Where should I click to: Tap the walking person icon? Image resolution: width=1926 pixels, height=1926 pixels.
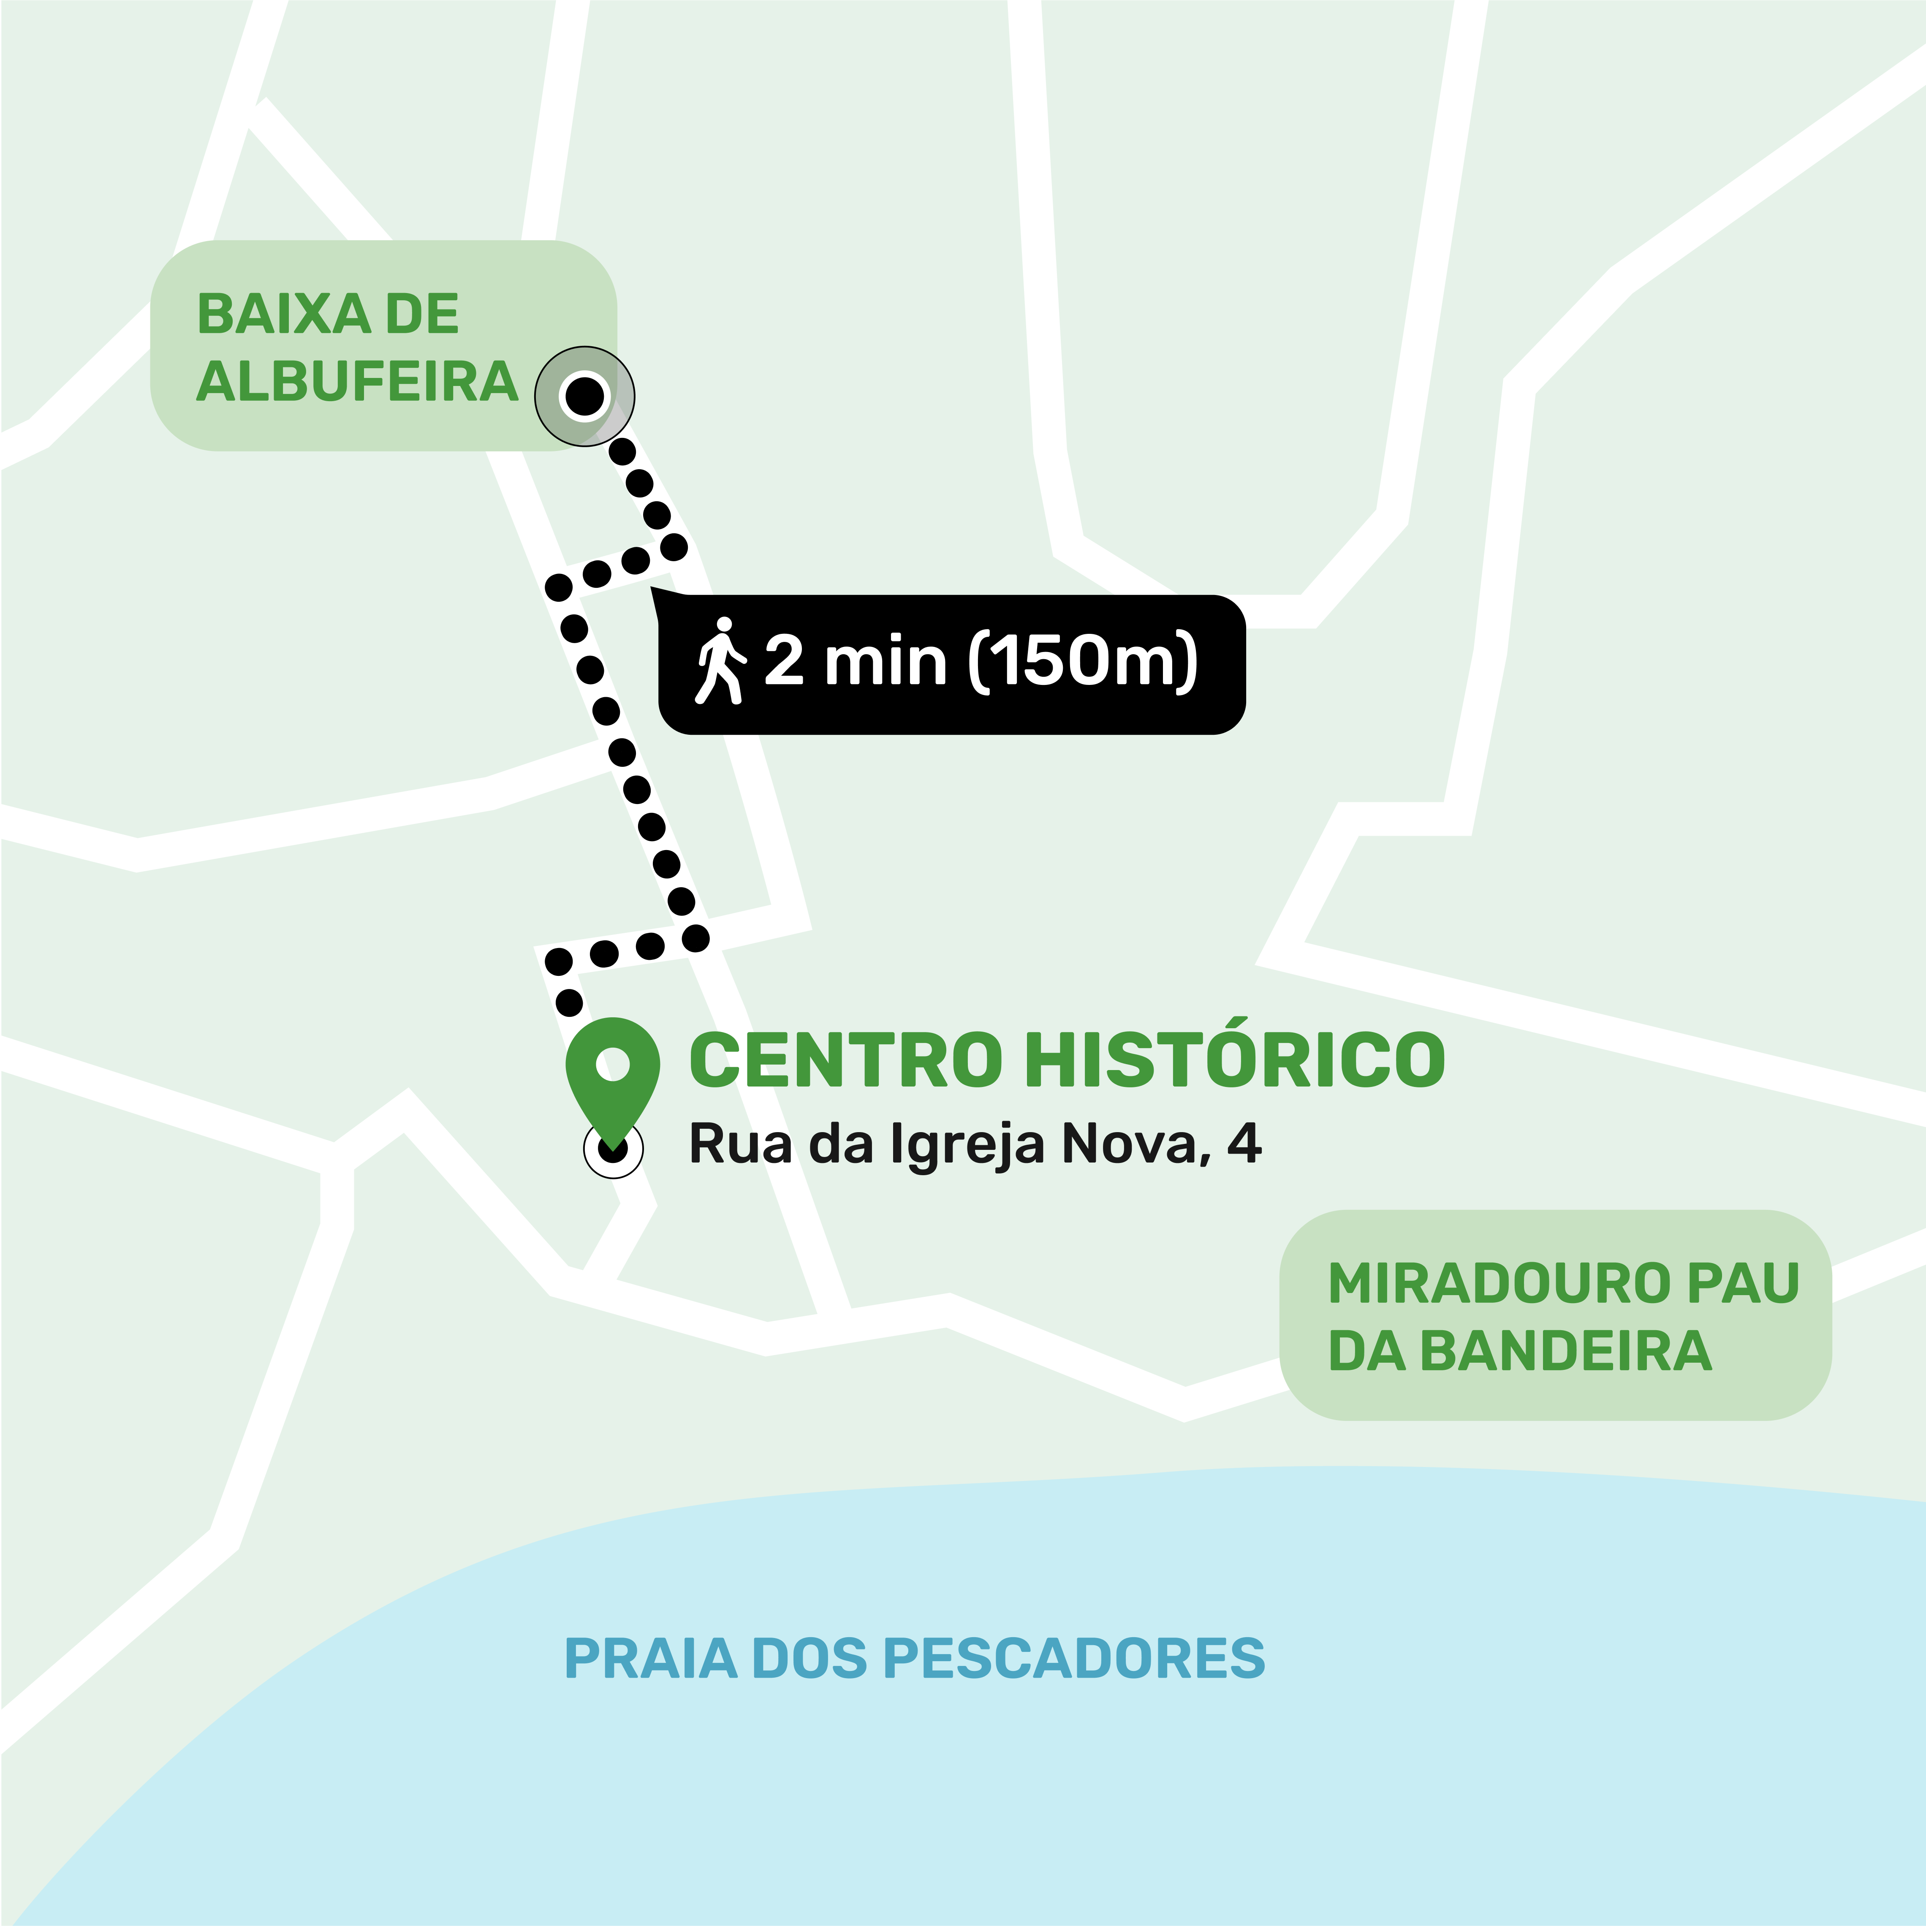pos(720,661)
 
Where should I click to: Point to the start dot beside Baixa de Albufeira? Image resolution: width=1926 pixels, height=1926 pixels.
pos(584,396)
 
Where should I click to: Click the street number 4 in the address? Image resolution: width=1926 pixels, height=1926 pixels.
pos(1244,1144)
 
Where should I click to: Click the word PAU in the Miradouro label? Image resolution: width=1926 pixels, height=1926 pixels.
pos(1743,1283)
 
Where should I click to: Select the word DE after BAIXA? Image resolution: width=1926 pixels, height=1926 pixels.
pos(422,315)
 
